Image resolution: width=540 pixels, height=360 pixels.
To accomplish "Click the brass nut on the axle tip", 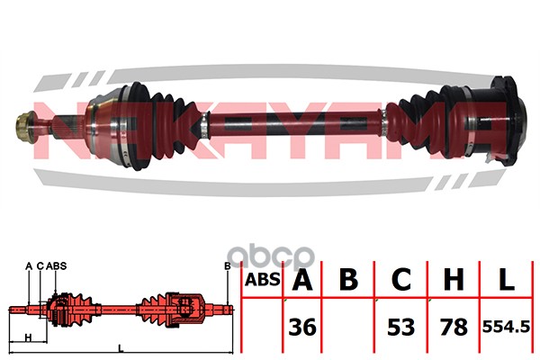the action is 25,128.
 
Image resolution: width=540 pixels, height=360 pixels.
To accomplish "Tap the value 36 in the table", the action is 302,327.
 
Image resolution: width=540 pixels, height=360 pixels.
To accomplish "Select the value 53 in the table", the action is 400,327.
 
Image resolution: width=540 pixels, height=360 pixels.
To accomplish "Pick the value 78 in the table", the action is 454,327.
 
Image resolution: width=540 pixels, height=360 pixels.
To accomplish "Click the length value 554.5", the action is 506,327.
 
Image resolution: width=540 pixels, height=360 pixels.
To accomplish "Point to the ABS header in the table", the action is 262,279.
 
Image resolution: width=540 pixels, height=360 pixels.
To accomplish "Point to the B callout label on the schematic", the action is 228,266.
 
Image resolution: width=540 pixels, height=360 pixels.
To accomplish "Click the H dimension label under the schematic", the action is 29,337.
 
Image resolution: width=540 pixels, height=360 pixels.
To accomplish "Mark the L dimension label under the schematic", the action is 121,348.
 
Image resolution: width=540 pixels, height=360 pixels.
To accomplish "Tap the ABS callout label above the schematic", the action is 56,266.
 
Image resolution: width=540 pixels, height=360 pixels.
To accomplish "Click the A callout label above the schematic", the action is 29,266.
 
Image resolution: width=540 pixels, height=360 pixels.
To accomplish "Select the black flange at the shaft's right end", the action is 508,121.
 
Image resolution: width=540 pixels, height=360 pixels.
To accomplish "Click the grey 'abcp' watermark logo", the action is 271,256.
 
